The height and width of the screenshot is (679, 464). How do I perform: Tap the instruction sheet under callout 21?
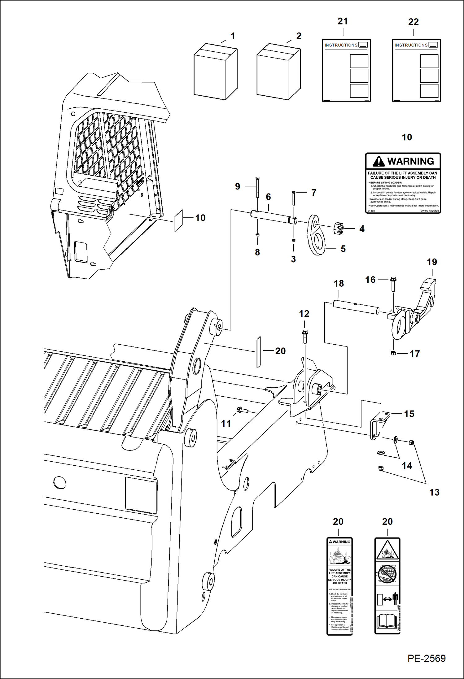[346, 71]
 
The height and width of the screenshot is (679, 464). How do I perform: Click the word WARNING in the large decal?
[410, 161]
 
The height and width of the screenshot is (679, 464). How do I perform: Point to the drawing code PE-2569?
[426, 658]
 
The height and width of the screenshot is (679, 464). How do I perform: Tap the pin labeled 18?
[356, 307]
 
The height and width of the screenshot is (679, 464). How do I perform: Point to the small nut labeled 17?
[393, 353]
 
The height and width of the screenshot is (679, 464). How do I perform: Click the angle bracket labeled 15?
[379, 424]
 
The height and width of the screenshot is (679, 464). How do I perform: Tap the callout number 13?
[434, 492]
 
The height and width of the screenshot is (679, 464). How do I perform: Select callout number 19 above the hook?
[432, 262]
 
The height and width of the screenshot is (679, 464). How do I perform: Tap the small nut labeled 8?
[257, 235]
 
